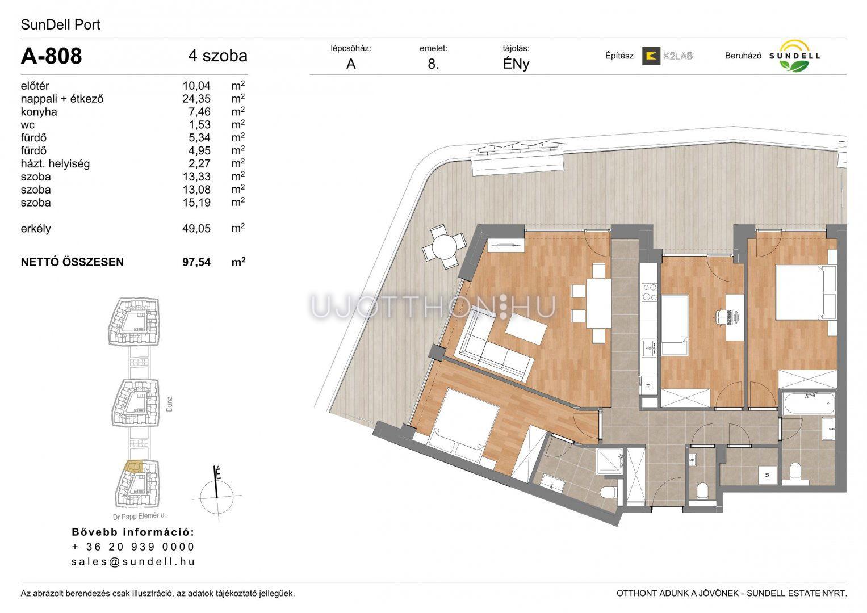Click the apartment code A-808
52,56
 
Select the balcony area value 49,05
196,228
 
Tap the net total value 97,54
196,262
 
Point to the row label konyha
39,112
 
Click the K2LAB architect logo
667,56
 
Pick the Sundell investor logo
794,56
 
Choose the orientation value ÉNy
516,64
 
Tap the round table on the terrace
445,246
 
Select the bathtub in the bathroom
808,403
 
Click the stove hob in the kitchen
649,292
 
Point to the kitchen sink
649,348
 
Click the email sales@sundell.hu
133,561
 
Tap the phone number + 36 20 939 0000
133,547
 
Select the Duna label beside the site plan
169,404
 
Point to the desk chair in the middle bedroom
721,317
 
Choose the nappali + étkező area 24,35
196,99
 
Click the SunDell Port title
60,25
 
